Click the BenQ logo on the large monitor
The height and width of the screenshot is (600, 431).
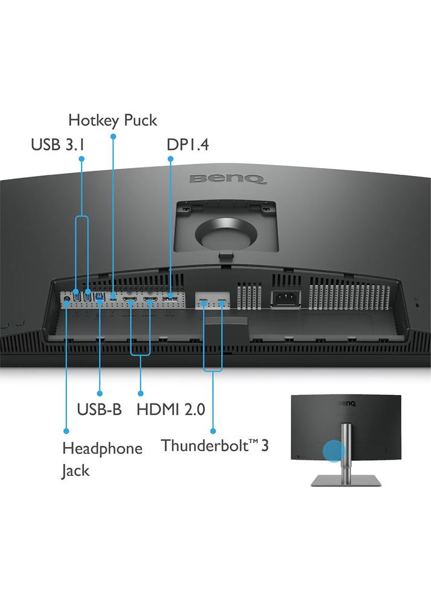coord(228,179)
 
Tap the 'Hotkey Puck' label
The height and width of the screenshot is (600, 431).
coord(112,120)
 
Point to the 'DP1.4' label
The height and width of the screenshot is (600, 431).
coord(187,145)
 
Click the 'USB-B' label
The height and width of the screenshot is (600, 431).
coord(99,409)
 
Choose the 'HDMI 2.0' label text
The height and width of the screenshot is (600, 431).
coord(171,409)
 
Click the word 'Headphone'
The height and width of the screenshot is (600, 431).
coord(102,449)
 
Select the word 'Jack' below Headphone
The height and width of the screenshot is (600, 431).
coord(76,470)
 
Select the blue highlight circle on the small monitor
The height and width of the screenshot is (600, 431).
coord(334,451)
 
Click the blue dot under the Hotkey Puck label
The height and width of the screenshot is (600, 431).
coord(113,136)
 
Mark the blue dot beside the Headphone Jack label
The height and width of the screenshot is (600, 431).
coord(66,431)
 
